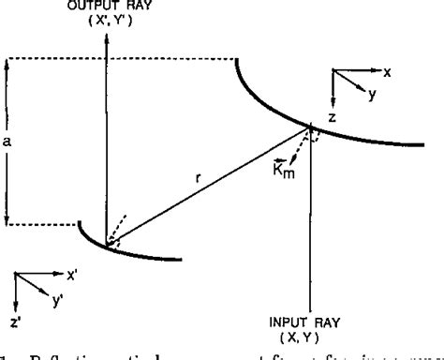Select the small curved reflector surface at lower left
131,250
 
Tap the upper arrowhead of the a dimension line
7,62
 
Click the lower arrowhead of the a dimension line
7,222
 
